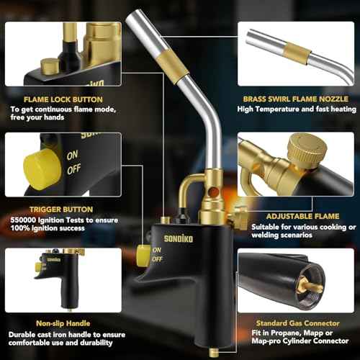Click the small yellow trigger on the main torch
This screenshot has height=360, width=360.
143,253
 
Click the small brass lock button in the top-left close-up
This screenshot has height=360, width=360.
48,66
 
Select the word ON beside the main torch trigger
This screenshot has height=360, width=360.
158,250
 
